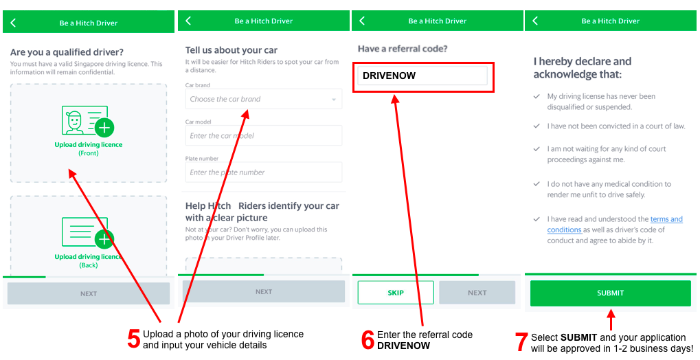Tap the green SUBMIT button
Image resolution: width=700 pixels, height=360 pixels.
pyautogui.click(x=610, y=293)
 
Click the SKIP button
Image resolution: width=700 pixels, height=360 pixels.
pyautogui.click(x=396, y=293)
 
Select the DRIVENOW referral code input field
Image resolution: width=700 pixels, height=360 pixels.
pyautogui.click(x=422, y=76)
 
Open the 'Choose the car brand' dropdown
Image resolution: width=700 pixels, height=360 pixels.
pyautogui.click(x=263, y=99)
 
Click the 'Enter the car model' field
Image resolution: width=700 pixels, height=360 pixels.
pyautogui.click(x=263, y=135)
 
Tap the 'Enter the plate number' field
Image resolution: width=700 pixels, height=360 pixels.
pyautogui.click(x=263, y=172)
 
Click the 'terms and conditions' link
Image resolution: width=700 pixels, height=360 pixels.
pyautogui.click(x=616, y=225)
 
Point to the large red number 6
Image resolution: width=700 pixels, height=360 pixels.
pyautogui.click(x=368, y=340)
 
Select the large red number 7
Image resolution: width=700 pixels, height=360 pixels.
pyautogui.click(x=521, y=341)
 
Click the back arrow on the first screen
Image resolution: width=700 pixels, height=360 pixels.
pyautogui.click(x=13, y=23)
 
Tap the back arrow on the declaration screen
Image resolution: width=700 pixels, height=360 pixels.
pyautogui.click(x=535, y=21)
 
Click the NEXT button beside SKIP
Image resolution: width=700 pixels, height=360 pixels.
pyautogui.click(x=477, y=293)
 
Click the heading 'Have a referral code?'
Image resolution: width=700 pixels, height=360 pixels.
pyautogui.click(x=403, y=49)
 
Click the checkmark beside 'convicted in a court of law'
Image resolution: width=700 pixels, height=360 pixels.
pyautogui.click(x=537, y=126)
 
